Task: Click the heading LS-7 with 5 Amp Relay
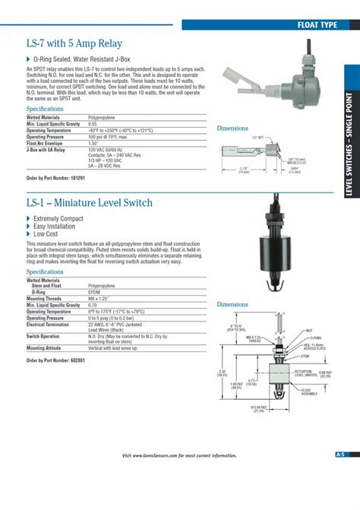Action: point(74,43)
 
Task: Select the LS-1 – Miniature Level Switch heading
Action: point(89,203)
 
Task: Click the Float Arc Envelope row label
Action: point(46,143)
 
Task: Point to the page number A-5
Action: point(340,455)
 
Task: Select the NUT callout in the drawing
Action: point(309,331)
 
